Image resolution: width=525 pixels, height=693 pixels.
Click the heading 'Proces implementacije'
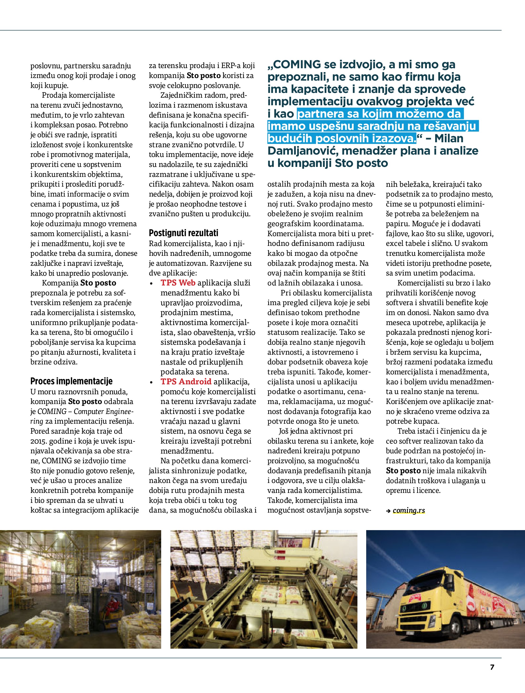click(71, 381)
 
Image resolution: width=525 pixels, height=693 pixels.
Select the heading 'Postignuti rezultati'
click(183, 233)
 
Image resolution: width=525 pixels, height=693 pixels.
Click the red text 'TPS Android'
click(186, 382)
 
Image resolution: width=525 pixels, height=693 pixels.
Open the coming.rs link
click(409, 510)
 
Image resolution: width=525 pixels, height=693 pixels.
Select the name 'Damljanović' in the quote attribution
click(303, 151)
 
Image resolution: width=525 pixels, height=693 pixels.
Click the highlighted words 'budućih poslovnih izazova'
click(342, 138)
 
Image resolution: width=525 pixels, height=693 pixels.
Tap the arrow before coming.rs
click(388, 511)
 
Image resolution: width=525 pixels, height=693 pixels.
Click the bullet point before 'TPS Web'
click(152, 283)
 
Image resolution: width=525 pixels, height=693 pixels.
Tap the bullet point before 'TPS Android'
click(152, 382)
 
